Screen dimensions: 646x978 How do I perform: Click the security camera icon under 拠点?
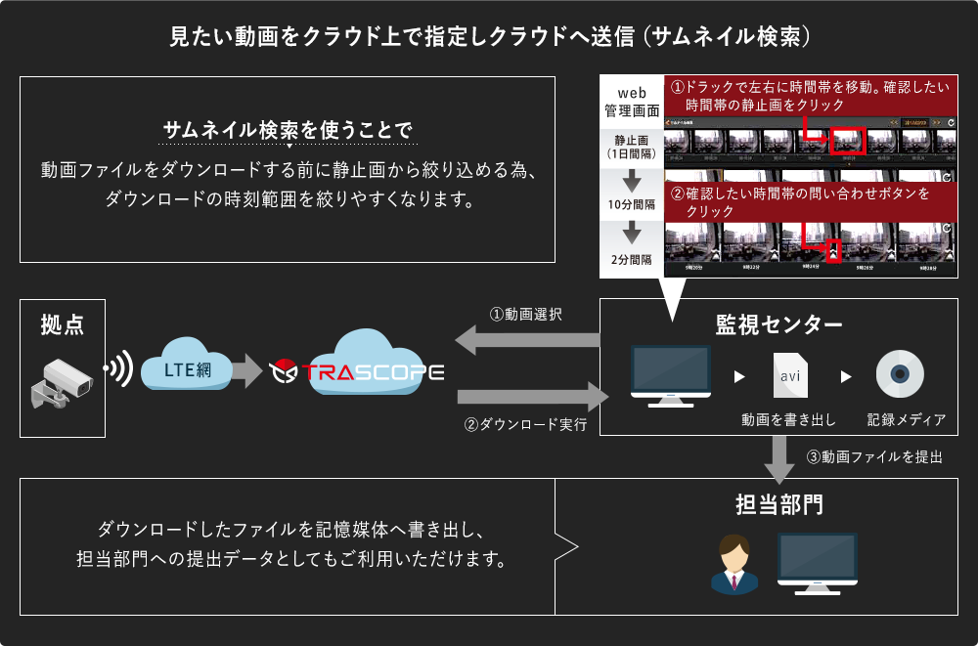62,383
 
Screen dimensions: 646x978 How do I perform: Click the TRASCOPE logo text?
372,372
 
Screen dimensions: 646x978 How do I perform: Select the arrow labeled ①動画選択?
527,339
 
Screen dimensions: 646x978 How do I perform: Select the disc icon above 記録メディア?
900,374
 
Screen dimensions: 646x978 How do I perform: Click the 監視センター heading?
779,324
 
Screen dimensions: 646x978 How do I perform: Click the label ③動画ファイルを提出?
874,456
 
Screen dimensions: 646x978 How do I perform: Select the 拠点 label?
62,325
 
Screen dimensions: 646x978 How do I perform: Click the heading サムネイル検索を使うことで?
288,131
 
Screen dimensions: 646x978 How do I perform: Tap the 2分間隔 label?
630,260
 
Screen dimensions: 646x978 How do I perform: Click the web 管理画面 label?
632,102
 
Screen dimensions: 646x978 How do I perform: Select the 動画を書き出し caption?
788,420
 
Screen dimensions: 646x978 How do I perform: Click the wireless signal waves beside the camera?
119,369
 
